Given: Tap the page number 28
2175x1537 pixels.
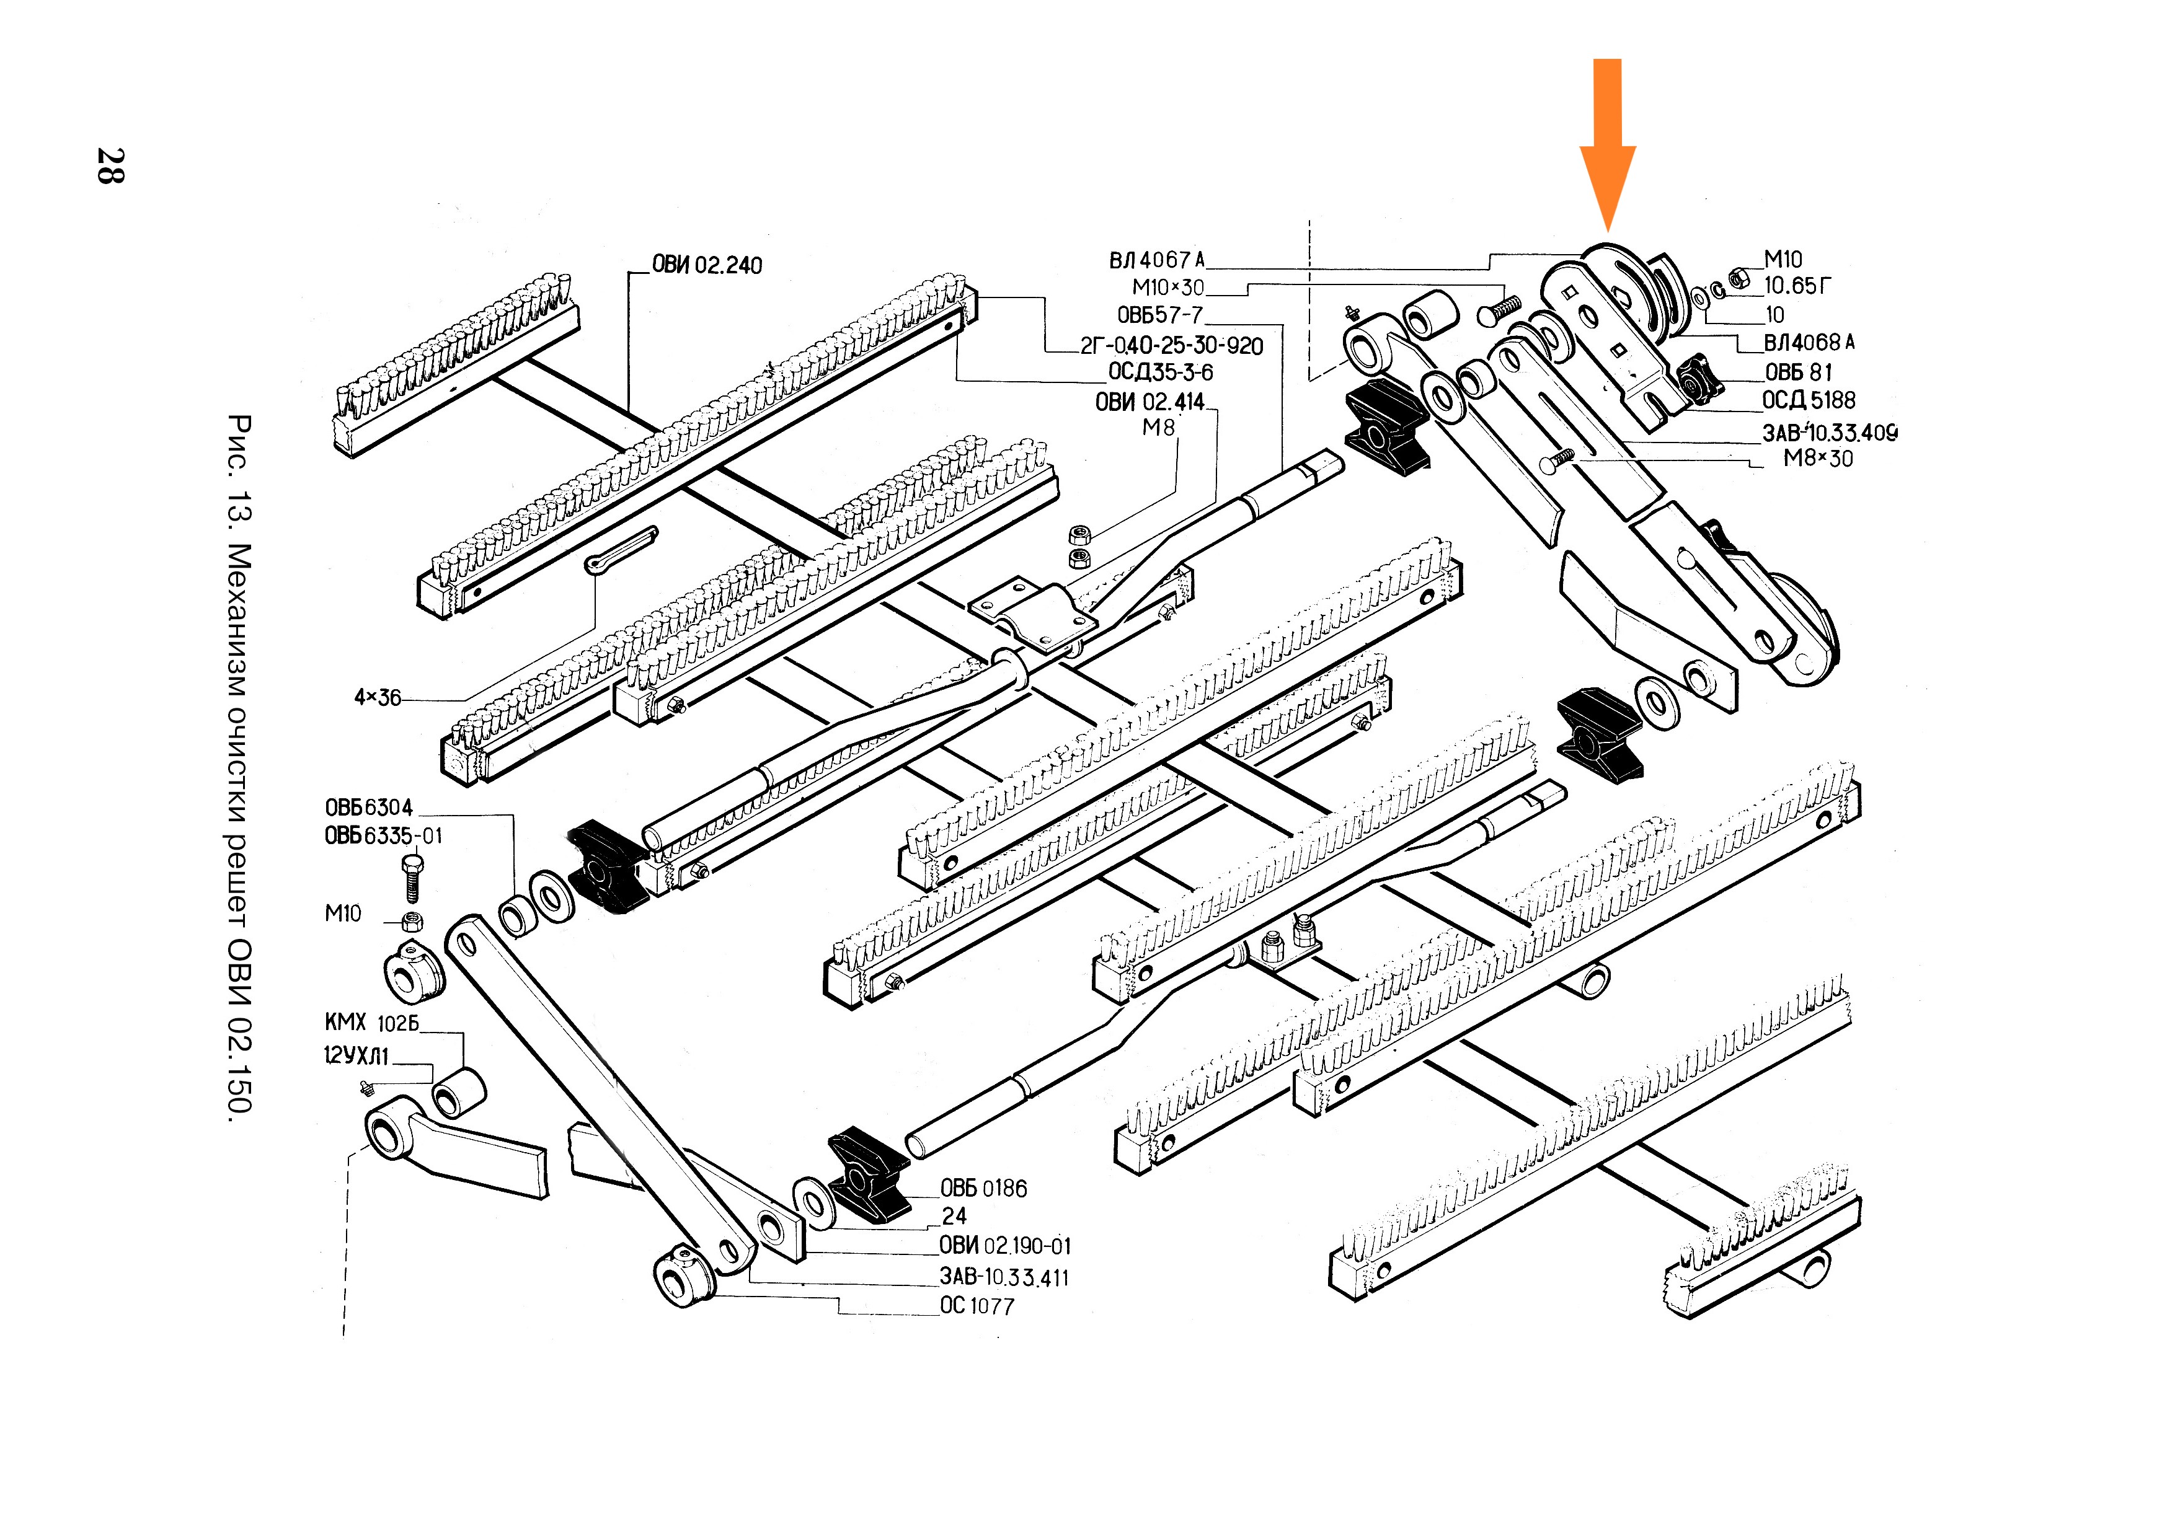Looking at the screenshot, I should click(x=111, y=165).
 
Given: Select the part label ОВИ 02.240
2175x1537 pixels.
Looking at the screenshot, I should click(x=707, y=265).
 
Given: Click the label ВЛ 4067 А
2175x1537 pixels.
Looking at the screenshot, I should click(x=1157, y=260).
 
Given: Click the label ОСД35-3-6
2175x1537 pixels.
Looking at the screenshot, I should click(x=1161, y=372).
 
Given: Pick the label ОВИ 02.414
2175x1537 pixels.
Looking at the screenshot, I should click(x=1149, y=402).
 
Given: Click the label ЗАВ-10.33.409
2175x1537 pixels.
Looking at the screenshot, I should click(x=1829, y=433).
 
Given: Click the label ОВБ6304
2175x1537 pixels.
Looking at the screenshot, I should click(x=368, y=808).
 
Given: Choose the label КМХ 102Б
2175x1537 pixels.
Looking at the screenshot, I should click(x=370, y=1023).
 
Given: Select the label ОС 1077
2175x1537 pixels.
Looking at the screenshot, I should click(x=976, y=1306).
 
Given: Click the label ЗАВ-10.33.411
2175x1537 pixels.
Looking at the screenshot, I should click(x=1003, y=1277).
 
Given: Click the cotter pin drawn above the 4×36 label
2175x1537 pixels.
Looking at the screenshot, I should click(x=621, y=550).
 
